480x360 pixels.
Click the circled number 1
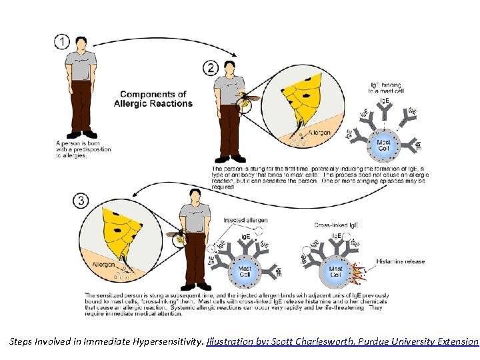point(62,41)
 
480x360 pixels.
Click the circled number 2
point(211,68)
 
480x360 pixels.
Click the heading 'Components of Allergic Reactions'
point(153,99)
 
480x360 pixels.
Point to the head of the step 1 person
point(81,43)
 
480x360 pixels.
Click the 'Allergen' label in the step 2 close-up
point(319,133)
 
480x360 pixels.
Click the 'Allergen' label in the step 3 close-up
point(103,265)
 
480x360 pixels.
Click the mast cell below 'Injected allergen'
point(245,271)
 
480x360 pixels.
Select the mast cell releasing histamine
point(336,271)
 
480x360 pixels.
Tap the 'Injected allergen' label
point(245,220)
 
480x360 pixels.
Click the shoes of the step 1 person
point(81,135)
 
